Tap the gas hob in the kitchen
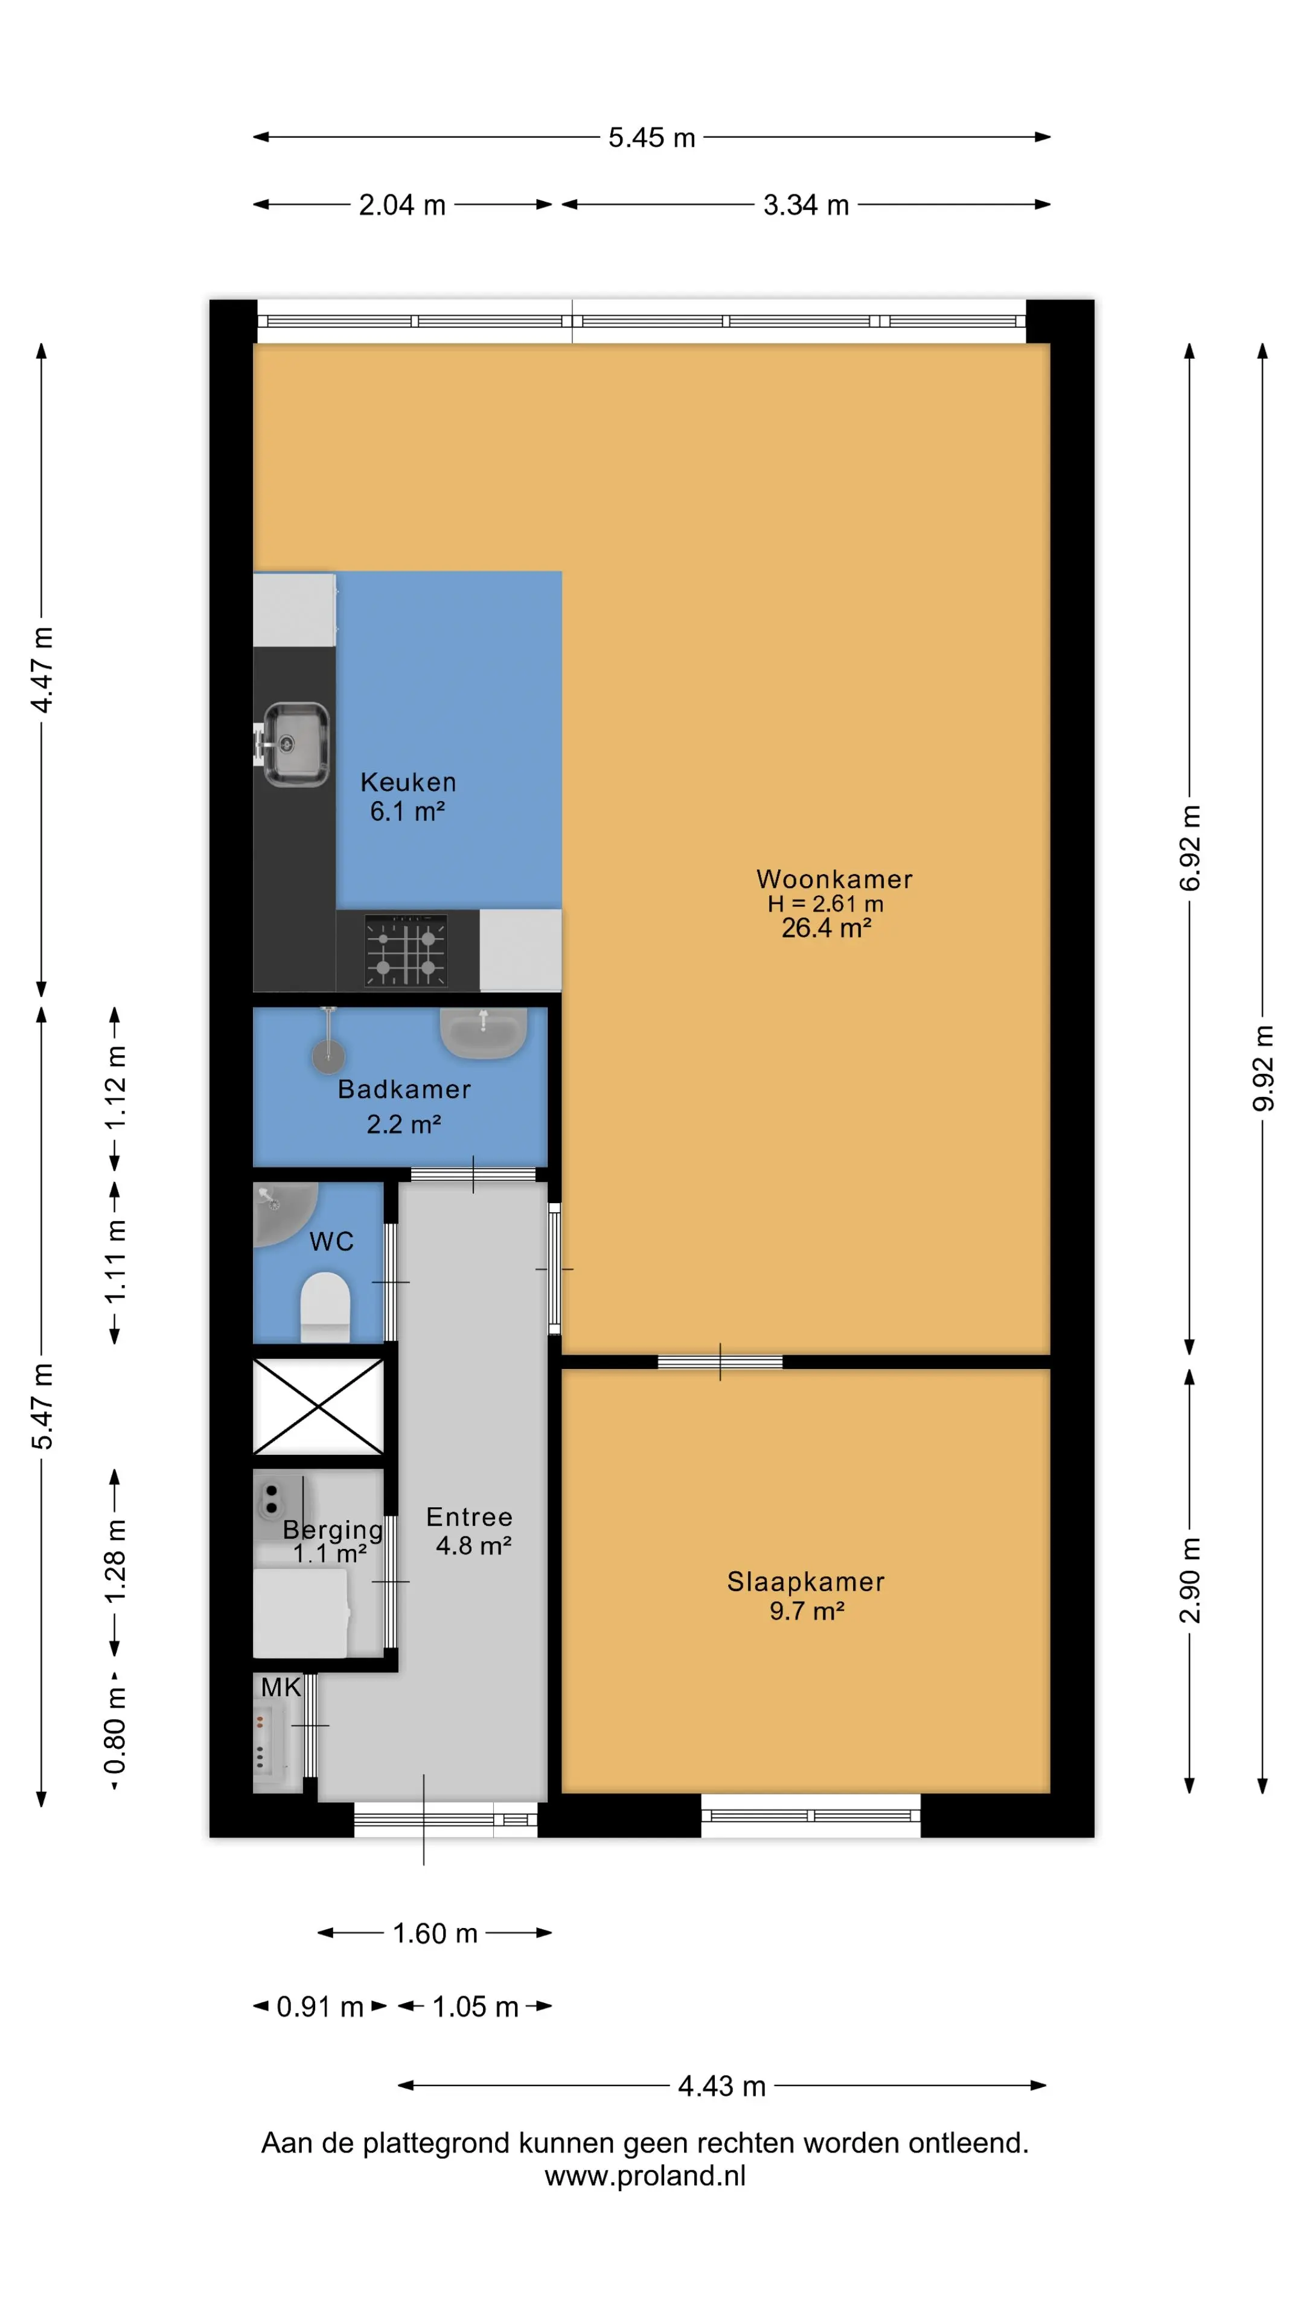[406, 950]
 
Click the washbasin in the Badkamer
[482, 1033]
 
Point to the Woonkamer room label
[834, 879]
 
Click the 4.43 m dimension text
[722, 2086]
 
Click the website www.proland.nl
[645, 2176]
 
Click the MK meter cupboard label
[281, 1687]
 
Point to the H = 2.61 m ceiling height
[825, 904]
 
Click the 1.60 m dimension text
[435, 1933]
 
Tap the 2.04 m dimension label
[402, 205]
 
